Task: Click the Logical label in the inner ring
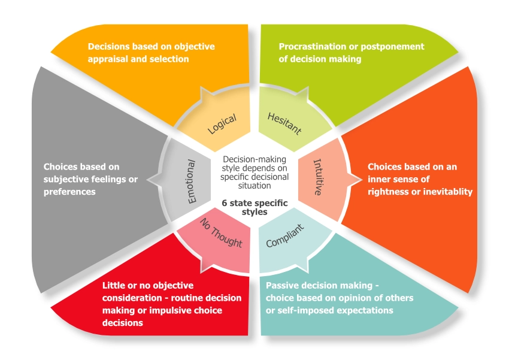coord(222,122)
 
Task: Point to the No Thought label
coord(222,235)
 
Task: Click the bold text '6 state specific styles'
coord(255,207)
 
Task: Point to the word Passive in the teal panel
coord(281,286)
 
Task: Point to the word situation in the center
coord(255,186)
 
